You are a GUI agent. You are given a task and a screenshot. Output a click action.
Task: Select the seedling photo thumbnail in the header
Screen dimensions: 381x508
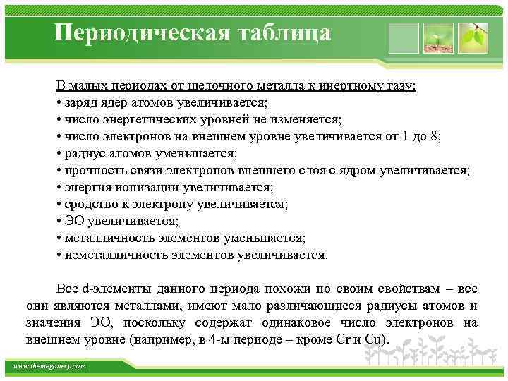437,37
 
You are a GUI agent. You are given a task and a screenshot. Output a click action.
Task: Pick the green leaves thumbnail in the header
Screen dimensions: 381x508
473,37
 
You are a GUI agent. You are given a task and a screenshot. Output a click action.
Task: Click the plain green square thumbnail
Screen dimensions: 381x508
403,37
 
